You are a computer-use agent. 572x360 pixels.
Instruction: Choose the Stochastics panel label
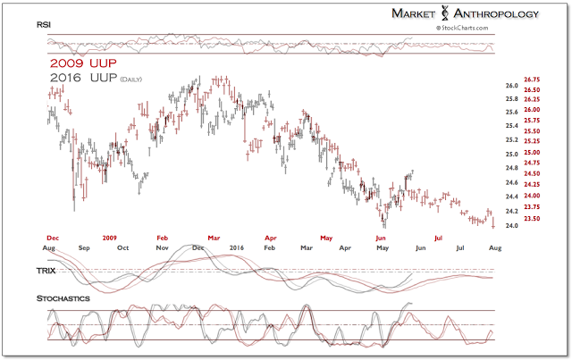pos(63,297)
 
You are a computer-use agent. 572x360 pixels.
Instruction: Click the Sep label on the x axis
pos(85,247)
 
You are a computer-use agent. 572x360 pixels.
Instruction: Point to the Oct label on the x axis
pos(124,247)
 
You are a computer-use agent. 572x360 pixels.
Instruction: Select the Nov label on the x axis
pos(163,247)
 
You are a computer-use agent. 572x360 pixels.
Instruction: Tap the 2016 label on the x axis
pos(236,247)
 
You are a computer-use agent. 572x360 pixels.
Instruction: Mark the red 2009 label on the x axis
pos(108,238)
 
